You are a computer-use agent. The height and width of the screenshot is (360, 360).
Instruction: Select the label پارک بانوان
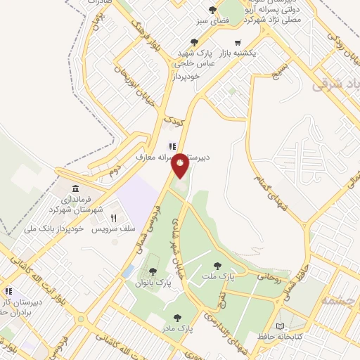(154, 283)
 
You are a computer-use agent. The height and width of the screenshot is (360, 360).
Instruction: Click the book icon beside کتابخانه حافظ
(281, 327)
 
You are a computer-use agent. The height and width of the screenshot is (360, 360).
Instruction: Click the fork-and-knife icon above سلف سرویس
(114, 218)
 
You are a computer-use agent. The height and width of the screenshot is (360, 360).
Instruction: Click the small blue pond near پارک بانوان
(127, 271)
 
